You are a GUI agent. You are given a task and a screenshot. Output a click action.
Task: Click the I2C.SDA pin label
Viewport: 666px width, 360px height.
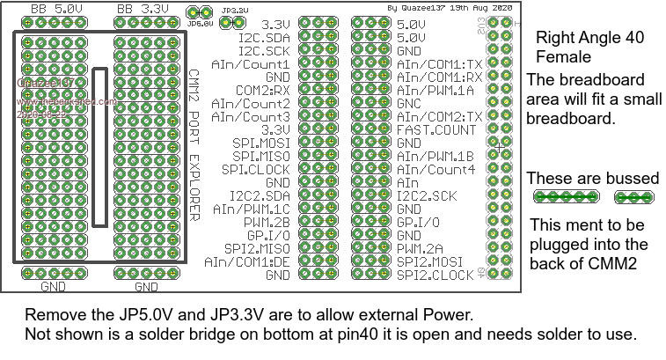tap(264, 38)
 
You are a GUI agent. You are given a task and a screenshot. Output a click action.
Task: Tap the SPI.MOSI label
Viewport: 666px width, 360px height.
tap(260, 143)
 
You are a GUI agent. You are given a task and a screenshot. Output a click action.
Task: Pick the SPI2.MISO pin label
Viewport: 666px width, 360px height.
tap(256, 247)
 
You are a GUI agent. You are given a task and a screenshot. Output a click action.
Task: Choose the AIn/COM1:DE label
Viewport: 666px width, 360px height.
tap(247, 261)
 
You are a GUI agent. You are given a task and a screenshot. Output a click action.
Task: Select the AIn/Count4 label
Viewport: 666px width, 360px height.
tap(435, 168)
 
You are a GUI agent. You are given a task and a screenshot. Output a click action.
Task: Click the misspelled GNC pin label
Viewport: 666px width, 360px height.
tap(409, 103)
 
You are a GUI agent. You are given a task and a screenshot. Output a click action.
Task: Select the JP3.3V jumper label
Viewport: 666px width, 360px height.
tap(235, 10)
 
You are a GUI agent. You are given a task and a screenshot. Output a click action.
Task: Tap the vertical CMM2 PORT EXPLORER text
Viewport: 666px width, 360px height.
tap(194, 145)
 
